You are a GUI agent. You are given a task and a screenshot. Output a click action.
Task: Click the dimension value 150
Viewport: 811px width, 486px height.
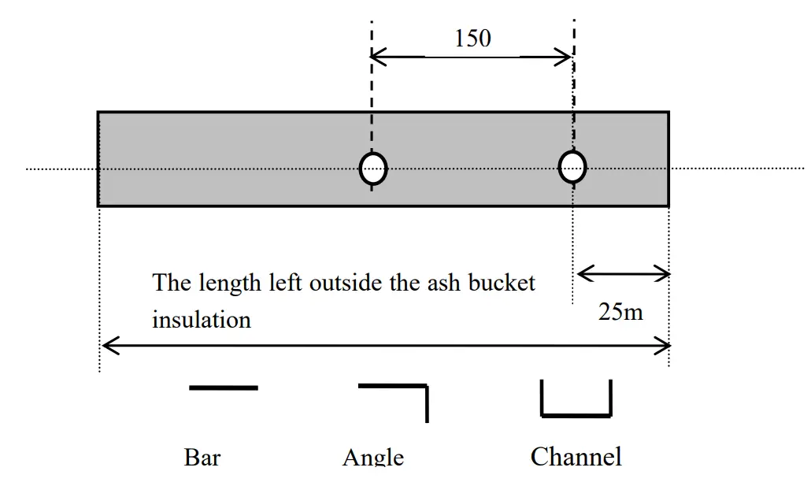[472, 38]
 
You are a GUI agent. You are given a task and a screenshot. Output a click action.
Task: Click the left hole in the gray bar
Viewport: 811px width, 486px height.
[373, 167]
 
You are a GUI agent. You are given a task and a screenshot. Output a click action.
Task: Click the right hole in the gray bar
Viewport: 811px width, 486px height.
[572, 166]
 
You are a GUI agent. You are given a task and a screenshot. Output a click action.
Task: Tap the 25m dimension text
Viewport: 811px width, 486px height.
[620, 312]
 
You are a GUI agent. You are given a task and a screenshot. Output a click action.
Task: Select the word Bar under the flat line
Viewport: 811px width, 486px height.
[202, 457]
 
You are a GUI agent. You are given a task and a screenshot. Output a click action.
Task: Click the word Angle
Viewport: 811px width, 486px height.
[373, 458]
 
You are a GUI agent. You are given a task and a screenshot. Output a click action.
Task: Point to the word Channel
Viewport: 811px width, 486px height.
[576, 456]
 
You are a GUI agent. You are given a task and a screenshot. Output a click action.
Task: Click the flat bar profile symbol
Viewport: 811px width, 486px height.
[224, 388]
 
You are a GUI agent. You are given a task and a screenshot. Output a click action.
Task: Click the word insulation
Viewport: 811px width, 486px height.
[202, 320]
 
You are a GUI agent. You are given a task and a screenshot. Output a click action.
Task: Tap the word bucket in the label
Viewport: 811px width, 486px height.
[502, 282]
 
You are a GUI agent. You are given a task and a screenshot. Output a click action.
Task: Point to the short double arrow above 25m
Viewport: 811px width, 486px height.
[623, 274]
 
